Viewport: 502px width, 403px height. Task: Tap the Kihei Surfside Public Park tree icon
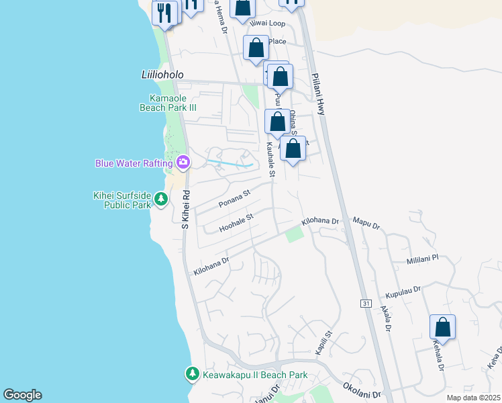pyautogui.click(x=161, y=199)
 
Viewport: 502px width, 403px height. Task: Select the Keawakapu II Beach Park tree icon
pyautogui.click(x=193, y=373)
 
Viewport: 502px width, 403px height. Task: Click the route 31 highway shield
pyautogui.click(x=365, y=304)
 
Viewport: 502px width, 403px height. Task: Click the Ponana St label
pyautogui.click(x=234, y=198)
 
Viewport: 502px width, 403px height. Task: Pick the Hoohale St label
pyautogui.click(x=235, y=223)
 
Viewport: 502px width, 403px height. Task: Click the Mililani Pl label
pyautogui.click(x=422, y=258)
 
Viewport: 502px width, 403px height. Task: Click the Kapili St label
pyautogui.click(x=323, y=342)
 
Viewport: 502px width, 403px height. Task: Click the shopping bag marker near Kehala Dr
pyautogui.click(x=443, y=328)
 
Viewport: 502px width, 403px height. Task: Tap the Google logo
pyautogui.click(x=22, y=395)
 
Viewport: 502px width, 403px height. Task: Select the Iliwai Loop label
pyautogui.click(x=268, y=23)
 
